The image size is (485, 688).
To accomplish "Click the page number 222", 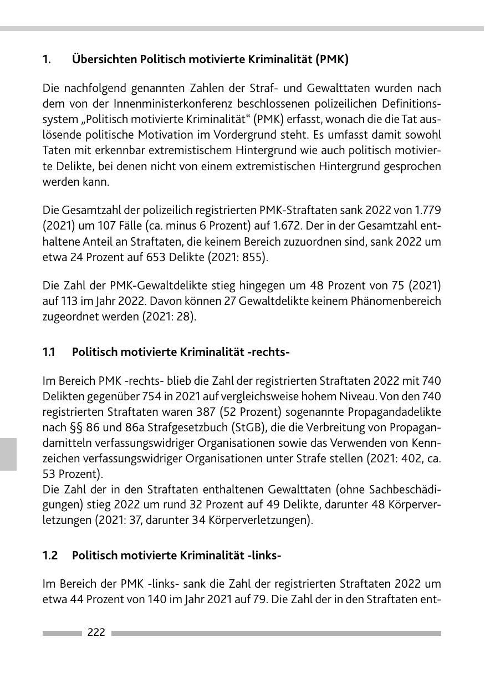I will [x=96, y=633].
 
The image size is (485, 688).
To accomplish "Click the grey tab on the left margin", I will [x=8, y=453].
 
